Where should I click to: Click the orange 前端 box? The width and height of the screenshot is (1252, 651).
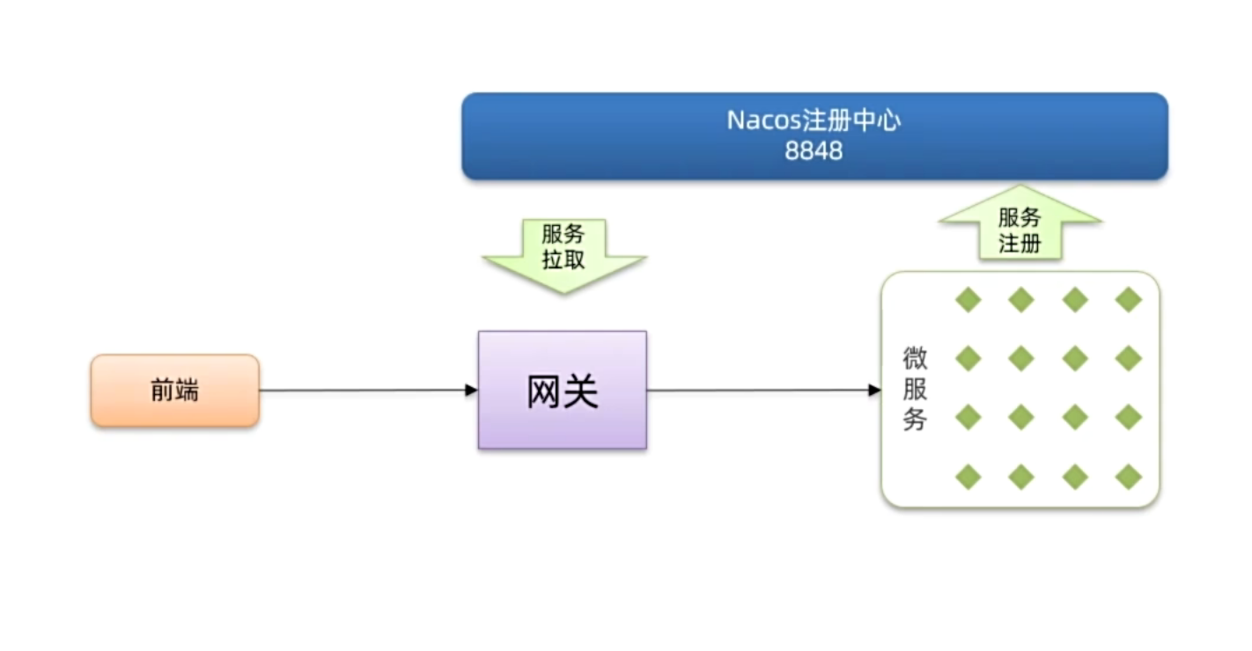pyautogui.click(x=175, y=391)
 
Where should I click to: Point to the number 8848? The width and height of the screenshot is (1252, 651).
pyautogui.click(x=814, y=151)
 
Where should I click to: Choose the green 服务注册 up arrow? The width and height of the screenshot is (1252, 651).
pyautogui.click(x=1020, y=227)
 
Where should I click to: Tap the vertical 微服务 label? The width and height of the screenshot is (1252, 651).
pyautogui.click(x=915, y=389)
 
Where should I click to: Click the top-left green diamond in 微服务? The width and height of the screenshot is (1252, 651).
pyautogui.click(x=968, y=300)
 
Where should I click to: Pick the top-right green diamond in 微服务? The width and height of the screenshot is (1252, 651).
pyautogui.click(x=1128, y=300)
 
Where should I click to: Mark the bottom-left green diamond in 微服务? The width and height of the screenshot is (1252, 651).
pyautogui.click(x=968, y=477)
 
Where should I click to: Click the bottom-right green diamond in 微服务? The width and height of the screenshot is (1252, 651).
pyautogui.click(x=1128, y=477)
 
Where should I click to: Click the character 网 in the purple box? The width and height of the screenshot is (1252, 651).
pyautogui.click(x=543, y=391)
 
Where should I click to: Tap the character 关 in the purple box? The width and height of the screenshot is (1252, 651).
pyautogui.click(x=581, y=391)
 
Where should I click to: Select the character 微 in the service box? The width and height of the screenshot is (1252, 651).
pyautogui.click(x=915, y=359)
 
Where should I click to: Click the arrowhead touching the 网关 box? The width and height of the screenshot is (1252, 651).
pyautogui.click(x=471, y=391)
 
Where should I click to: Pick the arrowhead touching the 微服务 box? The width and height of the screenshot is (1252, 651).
pyautogui.click(x=874, y=391)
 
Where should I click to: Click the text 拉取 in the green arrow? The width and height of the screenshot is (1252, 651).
pyautogui.click(x=563, y=260)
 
